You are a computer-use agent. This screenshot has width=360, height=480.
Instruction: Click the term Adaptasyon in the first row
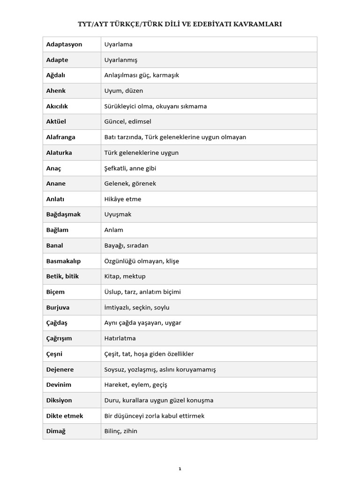click(64, 45)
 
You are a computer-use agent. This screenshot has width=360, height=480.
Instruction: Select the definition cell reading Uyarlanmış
click(120, 60)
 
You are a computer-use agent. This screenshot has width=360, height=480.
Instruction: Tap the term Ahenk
click(56, 91)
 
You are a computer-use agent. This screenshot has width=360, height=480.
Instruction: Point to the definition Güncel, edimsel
click(127, 122)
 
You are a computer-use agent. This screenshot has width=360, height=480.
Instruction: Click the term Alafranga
click(61, 137)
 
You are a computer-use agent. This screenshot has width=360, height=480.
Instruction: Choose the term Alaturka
click(59, 153)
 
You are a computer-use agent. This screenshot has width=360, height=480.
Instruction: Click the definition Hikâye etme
click(122, 199)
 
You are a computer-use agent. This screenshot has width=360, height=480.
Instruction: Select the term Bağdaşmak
click(64, 215)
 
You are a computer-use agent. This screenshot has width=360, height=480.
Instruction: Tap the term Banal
click(55, 246)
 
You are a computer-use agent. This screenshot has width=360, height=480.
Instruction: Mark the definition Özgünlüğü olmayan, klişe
click(142, 261)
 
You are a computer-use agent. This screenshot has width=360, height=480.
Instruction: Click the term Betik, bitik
click(63, 277)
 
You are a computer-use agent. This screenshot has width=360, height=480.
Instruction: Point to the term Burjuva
click(58, 307)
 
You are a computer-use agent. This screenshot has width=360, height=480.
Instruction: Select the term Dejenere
click(60, 369)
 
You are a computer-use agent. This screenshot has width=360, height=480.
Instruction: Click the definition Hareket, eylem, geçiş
click(135, 385)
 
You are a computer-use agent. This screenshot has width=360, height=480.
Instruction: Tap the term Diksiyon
click(59, 400)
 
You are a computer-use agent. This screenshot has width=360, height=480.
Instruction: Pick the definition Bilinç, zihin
click(121, 431)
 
